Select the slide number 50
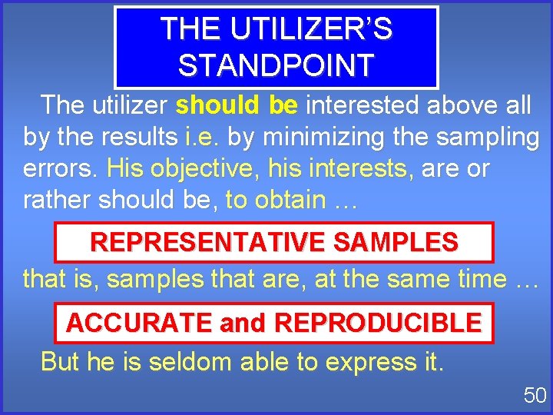pyautogui.click(x=535, y=396)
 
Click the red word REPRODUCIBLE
pyautogui.click(x=377, y=323)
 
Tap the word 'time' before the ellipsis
pyautogui.click(x=478, y=278)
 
